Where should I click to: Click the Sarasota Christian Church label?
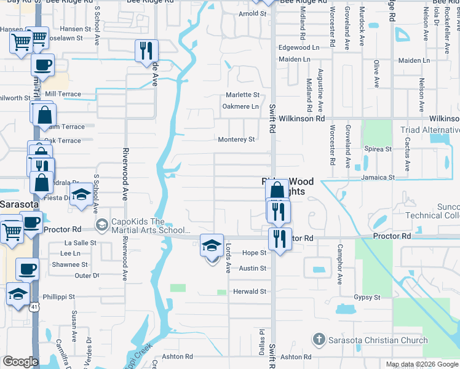point(378,340)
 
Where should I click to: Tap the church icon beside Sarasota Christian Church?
point(319,339)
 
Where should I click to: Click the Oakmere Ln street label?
point(240,106)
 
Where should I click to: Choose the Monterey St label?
point(236,140)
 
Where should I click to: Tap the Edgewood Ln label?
point(299,47)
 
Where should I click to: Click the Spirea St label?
point(378,149)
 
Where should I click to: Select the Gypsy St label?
point(367,298)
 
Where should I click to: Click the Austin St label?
point(253,268)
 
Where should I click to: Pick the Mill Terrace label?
point(63,94)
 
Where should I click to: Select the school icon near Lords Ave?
point(212,246)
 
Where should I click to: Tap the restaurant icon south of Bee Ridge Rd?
point(146,50)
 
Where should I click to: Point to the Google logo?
point(20,362)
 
